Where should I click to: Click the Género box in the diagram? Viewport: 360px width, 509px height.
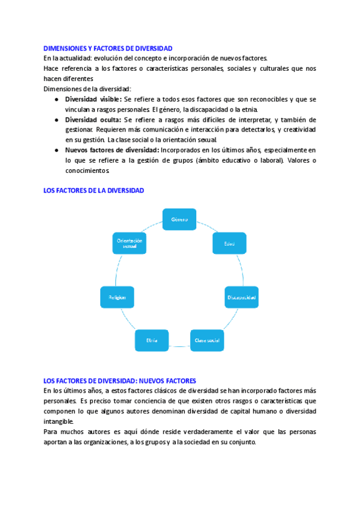pos(179,220)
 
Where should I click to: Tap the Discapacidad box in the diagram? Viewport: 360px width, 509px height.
pos(241,297)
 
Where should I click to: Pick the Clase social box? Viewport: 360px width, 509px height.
pos(207,340)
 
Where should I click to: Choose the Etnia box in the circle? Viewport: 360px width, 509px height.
pos(152,340)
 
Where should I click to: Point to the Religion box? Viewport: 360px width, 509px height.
pos(117,297)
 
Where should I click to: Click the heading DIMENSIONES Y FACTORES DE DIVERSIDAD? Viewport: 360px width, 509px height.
pos(108,48)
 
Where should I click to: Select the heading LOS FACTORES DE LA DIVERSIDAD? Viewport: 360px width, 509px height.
pos(94,190)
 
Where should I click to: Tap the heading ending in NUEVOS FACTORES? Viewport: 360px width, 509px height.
pos(120,381)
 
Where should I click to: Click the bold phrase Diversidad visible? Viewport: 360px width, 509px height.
pos(93,99)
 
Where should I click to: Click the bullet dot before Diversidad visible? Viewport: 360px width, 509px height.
pos(56,99)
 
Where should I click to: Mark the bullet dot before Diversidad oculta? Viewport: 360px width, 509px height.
pos(56,120)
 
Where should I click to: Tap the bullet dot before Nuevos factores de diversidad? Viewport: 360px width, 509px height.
pos(56,149)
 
